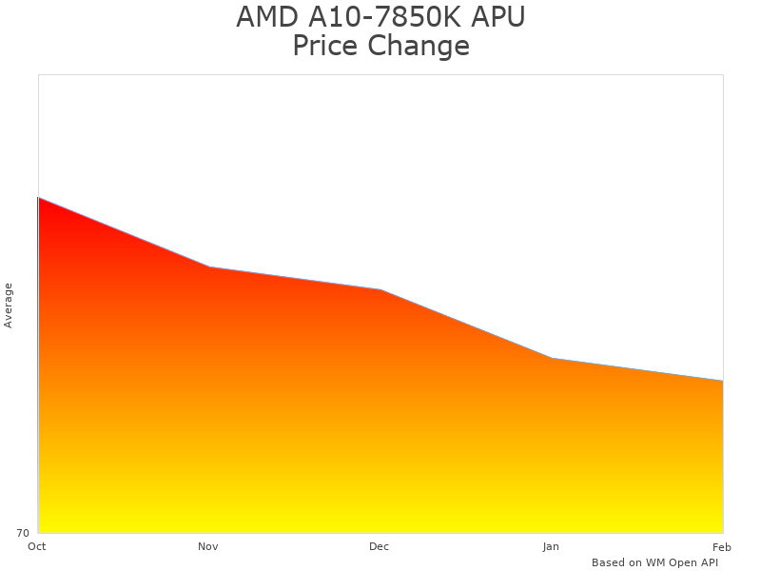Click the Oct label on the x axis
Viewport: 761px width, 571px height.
pyautogui.click(x=37, y=546)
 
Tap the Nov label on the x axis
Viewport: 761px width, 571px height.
pyautogui.click(x=208, y=546)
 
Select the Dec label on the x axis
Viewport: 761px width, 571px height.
pyautogui.click(x=380, y=546)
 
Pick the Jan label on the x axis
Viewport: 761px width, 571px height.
pyautogui.click(x=551, y=546)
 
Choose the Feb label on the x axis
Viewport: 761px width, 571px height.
pyautogui.click(x=722, y=546)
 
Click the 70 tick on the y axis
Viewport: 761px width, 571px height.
pyautogui.click(x=23, y=533)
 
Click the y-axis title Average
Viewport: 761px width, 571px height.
pyautogui.click(x=9, y=305)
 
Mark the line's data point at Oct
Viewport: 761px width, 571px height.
pyautogui.click(x=38, y=198)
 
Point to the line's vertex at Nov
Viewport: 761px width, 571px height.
pyautogui.click(x=209, y=266)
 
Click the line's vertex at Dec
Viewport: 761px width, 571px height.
pyautogui.click(x=380, y=289)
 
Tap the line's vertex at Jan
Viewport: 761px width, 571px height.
pyautogui.click(x=552, y=358)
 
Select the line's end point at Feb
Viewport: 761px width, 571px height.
pyautogui.click(x=723, y=381)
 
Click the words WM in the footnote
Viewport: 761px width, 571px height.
pyautogui.click(x=656, y=562)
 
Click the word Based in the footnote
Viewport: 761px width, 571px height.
pyautogui.click(x=609, y=562)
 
